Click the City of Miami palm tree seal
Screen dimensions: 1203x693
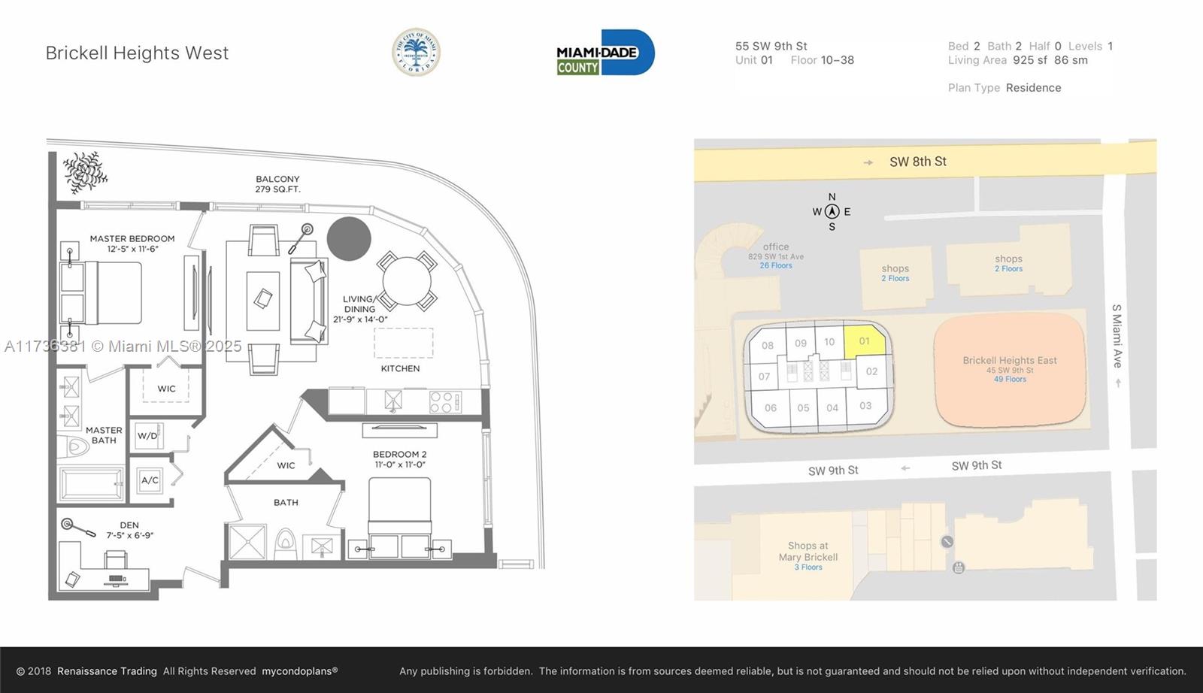point(416,52)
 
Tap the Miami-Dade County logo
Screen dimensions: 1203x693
point(605,52)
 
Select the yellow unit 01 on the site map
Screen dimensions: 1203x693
point(865,340)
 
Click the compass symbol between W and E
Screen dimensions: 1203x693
point(832,211)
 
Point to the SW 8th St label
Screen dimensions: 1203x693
point(918,162)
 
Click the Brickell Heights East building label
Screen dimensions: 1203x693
point(1010,360)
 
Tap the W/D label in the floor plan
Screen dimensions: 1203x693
point(147,436)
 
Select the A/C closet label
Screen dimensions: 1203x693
point(150,480)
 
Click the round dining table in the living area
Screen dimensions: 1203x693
point(407,281)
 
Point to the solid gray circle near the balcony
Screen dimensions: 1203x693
point(349,239)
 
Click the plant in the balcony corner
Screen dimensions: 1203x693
point(84,172)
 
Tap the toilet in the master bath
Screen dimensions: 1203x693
point(74,446)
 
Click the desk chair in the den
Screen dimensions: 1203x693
point(116,559)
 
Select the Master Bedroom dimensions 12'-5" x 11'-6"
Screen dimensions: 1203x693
point(132,249)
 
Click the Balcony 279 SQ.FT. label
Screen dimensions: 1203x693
point(277,184)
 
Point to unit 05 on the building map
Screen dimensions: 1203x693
point(804,408)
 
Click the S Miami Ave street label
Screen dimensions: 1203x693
point(1117,336)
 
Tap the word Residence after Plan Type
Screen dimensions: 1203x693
point(1033,87)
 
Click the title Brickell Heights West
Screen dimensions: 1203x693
point(137,53)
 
